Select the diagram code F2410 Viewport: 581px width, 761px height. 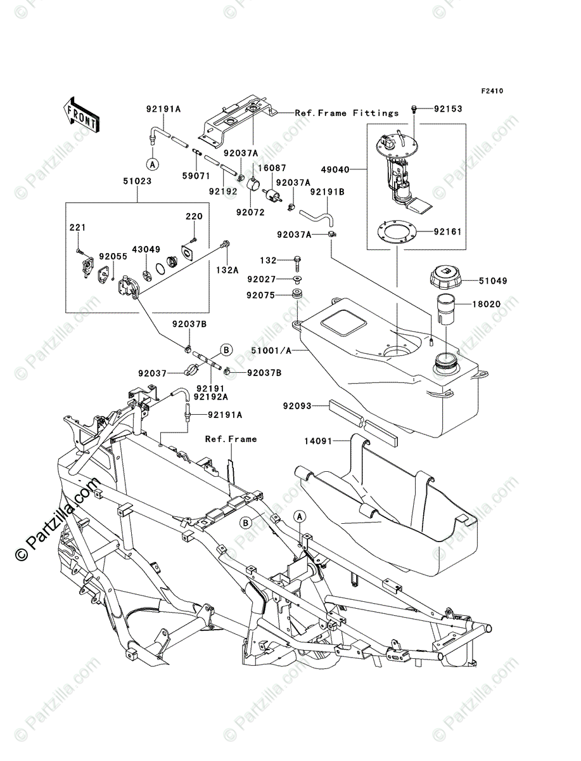tap(491, 91)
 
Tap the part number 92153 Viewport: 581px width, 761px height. tap(449, 109)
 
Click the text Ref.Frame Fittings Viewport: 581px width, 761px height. tap(347, 113)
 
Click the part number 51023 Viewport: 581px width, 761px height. tap(137, 181)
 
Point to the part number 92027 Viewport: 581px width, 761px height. tap(261, 278)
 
